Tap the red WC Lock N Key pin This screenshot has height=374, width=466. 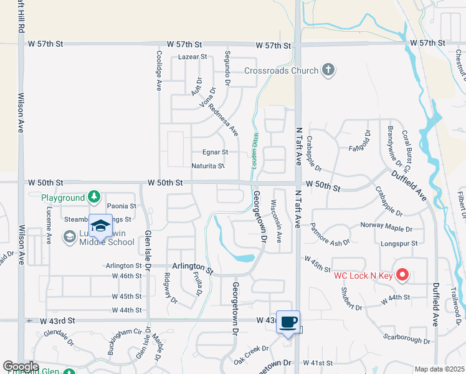[402, 274]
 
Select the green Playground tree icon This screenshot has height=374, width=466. [93, 198]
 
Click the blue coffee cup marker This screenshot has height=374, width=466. [288, 322]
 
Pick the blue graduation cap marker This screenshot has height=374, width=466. [100, 226]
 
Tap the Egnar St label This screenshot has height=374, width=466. [216, 151]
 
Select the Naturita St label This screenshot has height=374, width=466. [208, 166]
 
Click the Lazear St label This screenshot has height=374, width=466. [192, 57]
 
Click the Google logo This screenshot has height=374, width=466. [21, 367]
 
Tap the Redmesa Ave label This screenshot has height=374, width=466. [224, 120]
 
